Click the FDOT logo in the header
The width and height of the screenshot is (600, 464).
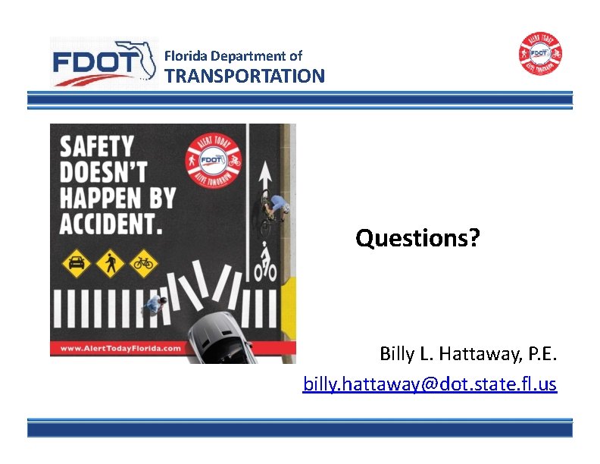[102, 62]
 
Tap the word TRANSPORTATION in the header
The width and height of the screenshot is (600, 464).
[245, 76]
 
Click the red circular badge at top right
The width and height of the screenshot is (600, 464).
[540, 54]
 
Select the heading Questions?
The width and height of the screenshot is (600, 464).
[417, 239]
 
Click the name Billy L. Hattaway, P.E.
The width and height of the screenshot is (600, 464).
[468, 354]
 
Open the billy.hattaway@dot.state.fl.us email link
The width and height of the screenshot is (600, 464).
[430, 384]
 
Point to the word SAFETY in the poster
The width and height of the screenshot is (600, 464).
[97, 146]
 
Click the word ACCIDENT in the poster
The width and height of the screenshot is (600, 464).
[111, 223]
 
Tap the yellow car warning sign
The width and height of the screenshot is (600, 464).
[76, 264]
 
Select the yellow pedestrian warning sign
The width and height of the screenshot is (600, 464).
[109, 264]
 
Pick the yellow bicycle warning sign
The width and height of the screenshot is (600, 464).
[142, 264]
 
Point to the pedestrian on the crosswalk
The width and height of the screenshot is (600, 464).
[154, 305]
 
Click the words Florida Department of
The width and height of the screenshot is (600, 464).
[233, 55]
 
